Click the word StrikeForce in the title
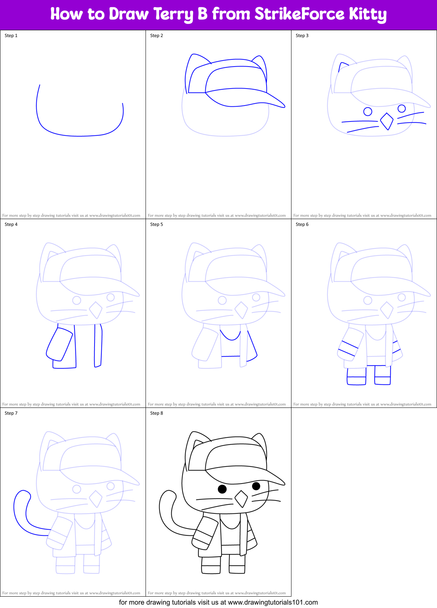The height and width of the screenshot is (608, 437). (x=299, y=14)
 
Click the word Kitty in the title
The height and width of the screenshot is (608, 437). (x=367, y=15)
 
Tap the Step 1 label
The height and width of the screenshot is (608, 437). (x=11, y=36)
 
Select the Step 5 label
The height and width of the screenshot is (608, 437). (x=157, y=224)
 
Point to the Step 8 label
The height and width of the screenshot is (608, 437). (x=157, y=413)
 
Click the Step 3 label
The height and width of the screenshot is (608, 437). (x=302, y=36)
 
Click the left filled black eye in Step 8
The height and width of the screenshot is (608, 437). (x=222, y=489)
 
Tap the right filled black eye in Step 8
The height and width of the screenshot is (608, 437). (x=256, y=485)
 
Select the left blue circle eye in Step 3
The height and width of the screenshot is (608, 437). (x=367, y=111)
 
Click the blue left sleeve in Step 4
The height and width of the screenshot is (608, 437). (x=59, y=344)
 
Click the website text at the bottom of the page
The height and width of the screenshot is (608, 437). (x=218, y=602)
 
